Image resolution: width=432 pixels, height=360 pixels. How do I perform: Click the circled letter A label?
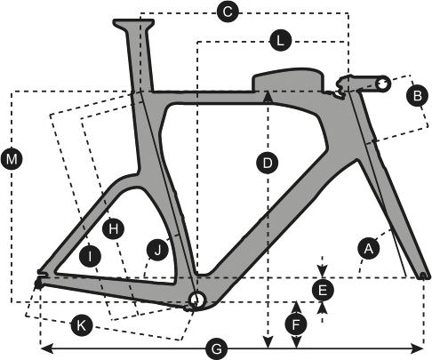(x=369, y=248)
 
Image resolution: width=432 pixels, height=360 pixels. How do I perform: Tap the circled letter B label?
(x=418, y=95)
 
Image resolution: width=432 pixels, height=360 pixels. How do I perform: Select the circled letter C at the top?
(x=228, y=12)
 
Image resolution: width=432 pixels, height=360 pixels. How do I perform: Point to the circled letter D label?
(x=268, y=163)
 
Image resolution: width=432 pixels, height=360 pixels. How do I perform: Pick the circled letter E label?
(x=323, y=290)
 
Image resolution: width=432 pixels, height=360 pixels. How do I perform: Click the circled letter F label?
(x=296, y=324)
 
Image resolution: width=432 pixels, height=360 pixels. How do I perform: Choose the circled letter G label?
(x=217, y=349)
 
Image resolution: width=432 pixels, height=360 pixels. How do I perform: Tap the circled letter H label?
(x=113, y=228)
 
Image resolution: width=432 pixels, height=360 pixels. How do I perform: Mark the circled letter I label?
(x=90, y=256)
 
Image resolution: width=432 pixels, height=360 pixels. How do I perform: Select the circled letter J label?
(x=157, y=250)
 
